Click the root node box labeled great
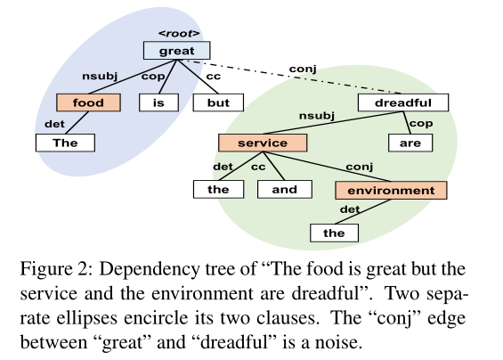tap(177, 51)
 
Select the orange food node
tap(88, 102)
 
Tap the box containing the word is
tap(158, 102)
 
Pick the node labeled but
tap(218, 102)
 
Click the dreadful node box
tap(403, 102)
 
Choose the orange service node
tap(263, 143)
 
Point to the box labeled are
tap(410, 143)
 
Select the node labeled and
tap(285, 189)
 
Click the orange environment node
tap(391, 190)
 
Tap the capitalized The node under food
tap(65, 143)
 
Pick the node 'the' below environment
tap(334, 233)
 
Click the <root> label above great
tap(179, 33)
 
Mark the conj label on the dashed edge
tap(303, 69)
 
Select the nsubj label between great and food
tap(100, 76)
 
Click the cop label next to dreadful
tap(421, 123)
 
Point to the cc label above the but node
tap(214, 76)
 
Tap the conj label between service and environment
tap(360, 167)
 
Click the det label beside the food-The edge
tap(54, 124)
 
